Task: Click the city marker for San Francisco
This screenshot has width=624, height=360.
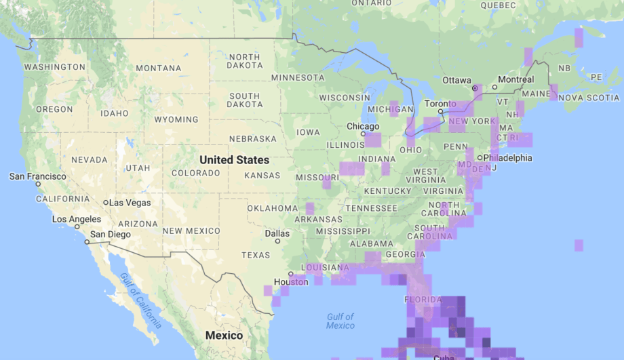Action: (x=38, y=184)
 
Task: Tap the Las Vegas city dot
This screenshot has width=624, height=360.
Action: (x=106, y=203)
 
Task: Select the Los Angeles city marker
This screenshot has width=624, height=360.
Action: (x=77, y=226)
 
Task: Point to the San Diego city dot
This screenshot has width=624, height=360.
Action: (x=87, y=242)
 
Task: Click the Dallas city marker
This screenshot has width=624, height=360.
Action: (x=277, y=241)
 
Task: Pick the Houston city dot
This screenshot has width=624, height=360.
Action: (x=291, y=274)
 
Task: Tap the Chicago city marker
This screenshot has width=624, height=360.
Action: (x=363, y=134)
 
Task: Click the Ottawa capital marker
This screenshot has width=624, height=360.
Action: (x=475, y=88)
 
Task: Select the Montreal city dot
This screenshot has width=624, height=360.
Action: (x=494, y=87)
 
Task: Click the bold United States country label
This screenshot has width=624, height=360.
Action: (x=234, y=160)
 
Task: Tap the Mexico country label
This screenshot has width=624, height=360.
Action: (x=224, y=336)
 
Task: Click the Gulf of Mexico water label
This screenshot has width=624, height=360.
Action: (x=340, y=321)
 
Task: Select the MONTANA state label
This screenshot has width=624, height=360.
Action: (x=159, y=68)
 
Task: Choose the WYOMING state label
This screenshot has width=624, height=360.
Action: (x=176, y=120)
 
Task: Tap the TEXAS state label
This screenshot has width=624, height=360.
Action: (x=256, y=256)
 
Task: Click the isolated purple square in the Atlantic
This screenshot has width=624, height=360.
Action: (x=579, y=245)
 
